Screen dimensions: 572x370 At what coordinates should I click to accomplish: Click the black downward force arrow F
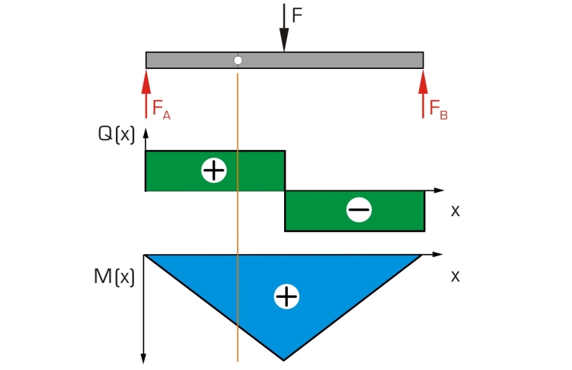tap(284, 27)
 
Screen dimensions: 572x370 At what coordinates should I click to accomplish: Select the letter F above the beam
tap(297, 15)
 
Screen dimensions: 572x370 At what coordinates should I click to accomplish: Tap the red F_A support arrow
tap(146, 94)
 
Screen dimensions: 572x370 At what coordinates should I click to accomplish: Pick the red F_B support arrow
tap(424, 94)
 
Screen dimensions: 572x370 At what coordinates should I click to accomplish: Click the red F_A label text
tap(161, 109)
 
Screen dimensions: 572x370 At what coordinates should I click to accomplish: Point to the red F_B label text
tap(439, 109)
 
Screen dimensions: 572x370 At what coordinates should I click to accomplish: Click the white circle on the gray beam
tap(238, 60)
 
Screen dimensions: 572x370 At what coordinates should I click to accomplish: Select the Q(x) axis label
tap(117, 134)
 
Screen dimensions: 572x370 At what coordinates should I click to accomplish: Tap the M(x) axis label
tap(114, 277)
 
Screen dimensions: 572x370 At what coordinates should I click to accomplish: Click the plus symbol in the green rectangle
tap(214, 170)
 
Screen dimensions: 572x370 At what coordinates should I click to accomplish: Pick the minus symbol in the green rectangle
tap(359, 210)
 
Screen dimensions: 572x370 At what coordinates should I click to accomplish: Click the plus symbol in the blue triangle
tap(286, 296)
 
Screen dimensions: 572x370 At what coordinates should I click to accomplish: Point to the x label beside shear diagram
tap(455, 211)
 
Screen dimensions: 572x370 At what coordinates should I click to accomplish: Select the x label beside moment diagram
tap(455, 277)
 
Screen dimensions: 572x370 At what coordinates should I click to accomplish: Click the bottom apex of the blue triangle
tap(284, 360)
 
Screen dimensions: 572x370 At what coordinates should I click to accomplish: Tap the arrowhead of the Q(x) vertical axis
tap(146, 133)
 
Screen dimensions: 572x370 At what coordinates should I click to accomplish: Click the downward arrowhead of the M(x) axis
tap(144, 359)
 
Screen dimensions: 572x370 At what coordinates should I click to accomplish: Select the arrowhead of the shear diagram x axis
tap(439, 190)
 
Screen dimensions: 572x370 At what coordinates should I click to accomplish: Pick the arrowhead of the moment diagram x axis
tap(437, 254)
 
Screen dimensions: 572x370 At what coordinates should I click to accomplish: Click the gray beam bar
tap(285, 60)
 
